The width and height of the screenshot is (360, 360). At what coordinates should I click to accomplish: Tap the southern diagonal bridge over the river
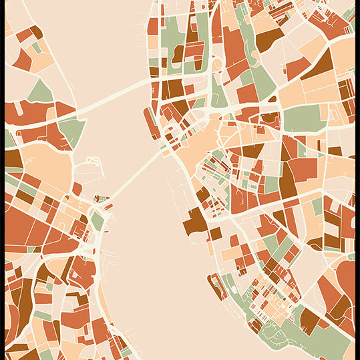point(134,175)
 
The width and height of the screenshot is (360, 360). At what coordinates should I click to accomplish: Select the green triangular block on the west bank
point(41,92)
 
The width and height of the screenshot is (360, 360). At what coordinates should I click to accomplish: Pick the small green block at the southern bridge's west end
point(98,220)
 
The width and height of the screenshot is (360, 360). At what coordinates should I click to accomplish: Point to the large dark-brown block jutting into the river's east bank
point(194,222)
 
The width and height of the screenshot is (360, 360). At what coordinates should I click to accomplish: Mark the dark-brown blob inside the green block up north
point(178,53)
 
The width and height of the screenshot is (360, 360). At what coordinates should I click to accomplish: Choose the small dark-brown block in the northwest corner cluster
point(36,31)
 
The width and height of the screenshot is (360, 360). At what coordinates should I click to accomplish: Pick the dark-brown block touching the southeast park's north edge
point(309,321)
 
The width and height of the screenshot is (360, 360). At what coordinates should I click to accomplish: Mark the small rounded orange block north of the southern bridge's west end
point(77,189)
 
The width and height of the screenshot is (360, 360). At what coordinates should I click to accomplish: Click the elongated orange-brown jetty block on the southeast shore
point(217,285)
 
